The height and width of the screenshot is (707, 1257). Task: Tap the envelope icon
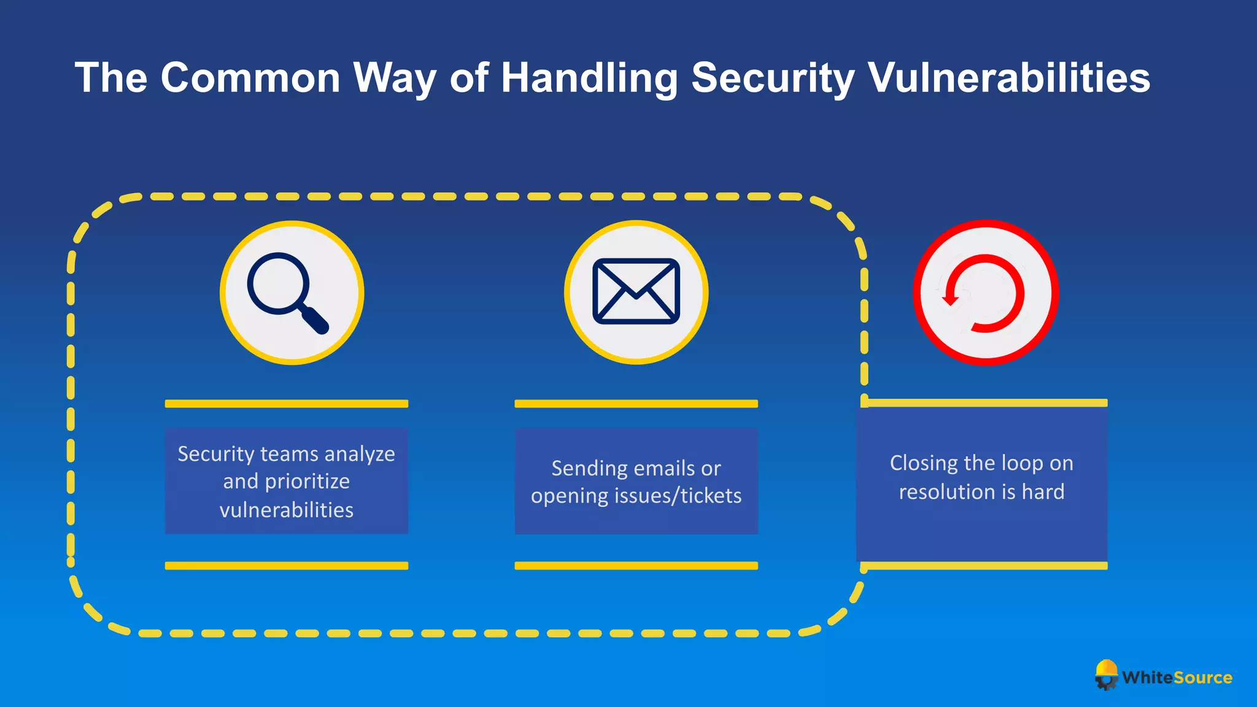636,292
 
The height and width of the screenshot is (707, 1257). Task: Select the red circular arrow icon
984,293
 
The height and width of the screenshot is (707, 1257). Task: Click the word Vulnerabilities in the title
1008,78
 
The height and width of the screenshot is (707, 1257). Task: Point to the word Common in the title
250,78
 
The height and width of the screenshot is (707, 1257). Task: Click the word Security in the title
773,78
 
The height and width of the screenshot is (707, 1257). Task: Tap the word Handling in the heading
589,78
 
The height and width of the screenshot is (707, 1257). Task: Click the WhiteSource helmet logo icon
1107,674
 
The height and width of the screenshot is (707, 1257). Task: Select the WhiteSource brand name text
1177,678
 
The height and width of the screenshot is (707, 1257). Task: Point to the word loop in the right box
1021,463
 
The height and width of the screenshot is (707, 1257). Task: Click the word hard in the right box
1043,492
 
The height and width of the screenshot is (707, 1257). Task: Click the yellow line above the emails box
636,404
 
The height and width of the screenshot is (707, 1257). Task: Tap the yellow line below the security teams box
286,565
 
